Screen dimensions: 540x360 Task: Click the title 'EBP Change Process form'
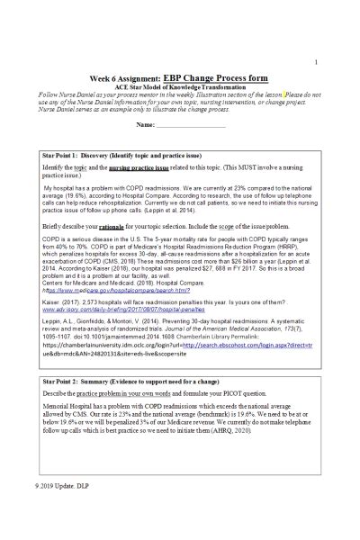pos(215,77)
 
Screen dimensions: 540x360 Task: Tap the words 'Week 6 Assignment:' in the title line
pos(118,77)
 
